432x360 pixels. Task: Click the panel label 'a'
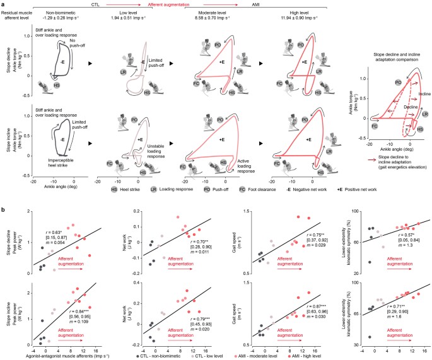[3, 3]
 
